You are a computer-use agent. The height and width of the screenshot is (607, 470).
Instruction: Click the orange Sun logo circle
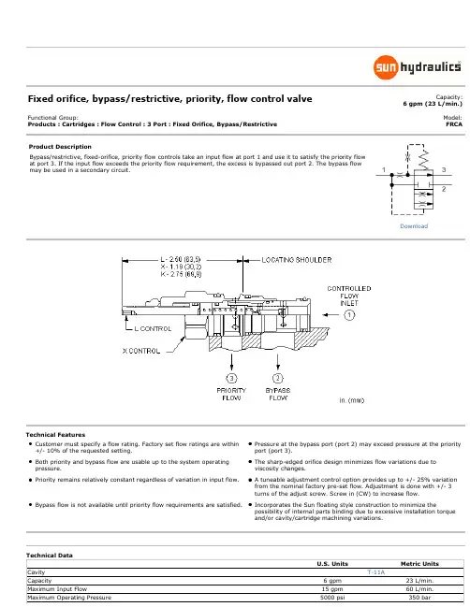coord(386,67)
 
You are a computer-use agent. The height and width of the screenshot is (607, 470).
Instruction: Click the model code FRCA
coord(454,124)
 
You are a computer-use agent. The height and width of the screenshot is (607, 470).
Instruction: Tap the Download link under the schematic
coord(414,226)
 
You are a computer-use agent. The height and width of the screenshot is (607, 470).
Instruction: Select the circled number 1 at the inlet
coord(349,315)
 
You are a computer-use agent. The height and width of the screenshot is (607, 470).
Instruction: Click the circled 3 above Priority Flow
coord(231,378)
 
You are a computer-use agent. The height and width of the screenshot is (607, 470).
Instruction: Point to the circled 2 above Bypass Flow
coord(278,378)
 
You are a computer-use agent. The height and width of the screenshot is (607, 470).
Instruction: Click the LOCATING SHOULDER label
coord(297,260)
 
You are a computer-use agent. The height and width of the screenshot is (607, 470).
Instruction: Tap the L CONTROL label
coord(153,328)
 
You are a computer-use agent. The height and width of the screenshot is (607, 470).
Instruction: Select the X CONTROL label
coord(141,351)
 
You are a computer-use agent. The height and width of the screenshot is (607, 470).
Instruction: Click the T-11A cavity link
coord(375,572)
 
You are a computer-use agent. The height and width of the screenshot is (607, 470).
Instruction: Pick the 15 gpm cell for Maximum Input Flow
coord(332,589)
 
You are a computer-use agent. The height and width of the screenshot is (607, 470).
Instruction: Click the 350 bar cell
coord(419,598)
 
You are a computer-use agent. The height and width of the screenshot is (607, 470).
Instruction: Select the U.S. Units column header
coord(332,564)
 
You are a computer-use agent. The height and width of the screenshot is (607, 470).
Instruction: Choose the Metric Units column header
coord(419,564)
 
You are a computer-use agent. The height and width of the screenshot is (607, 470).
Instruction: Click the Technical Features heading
coord(56,435)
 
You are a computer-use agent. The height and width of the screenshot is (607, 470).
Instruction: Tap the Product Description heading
coord(60,147)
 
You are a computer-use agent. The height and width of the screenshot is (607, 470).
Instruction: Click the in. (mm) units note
coord(351,400)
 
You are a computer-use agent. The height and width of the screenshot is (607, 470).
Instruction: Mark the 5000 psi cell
coord(332,598)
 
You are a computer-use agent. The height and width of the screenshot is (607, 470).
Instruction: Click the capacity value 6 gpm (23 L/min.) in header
coord(433,104)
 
